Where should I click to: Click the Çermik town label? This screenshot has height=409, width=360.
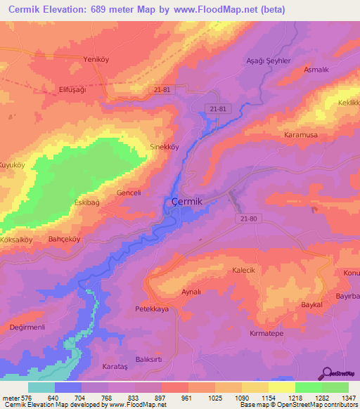tap(188, 202)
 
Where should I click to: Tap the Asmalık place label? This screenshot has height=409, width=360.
tap(316, 71)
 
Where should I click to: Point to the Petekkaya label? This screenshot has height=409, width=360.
tap(152, 309)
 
